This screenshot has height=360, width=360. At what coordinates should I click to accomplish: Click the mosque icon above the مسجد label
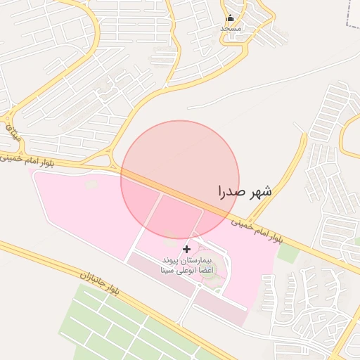pyautogui.click(x=230, y=18)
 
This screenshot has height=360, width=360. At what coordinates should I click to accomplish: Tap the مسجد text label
pyautogui.click(x=230, y=28)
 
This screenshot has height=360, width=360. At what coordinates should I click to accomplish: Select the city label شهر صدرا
pyautogui.click(x=245, y=191)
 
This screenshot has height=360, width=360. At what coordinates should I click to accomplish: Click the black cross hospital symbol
pyautogui.click(x=186, y=249)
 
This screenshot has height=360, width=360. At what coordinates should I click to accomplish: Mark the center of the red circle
pyautogui.click(x=180, y=179)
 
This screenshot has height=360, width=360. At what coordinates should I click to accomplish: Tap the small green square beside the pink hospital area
pyautogui.click(x=288, y=252)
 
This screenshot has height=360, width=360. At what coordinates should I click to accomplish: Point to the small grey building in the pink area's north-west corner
pyautogui.click(x=91, y=185)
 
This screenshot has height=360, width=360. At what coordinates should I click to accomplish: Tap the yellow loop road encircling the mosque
pyautogui.click(x=250, y=35)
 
